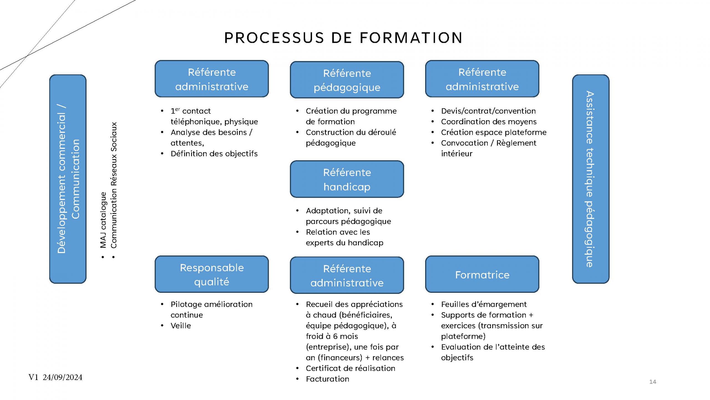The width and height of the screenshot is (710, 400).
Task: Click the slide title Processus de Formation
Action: coord(343,38)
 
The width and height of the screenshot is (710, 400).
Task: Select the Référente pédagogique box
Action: coord(347,80)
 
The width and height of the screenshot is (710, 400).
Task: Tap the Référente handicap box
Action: coord(347,179)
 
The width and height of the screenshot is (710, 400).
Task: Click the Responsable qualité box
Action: coord(212,274)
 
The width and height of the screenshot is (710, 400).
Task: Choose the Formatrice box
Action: coord(482,274)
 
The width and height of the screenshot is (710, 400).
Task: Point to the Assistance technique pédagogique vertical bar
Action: coord(590,179)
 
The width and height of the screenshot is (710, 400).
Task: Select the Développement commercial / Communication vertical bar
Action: coord(68,179)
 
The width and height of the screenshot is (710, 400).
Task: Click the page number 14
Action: coord(653,382)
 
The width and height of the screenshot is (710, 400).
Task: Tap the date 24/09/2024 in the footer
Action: coord(63,377)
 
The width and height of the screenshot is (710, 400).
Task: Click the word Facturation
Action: coord(327,379)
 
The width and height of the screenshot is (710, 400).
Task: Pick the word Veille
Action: coord(181,326)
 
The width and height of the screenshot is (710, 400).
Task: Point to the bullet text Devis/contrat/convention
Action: coord(488,111)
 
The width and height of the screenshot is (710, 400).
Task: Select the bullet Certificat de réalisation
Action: coord(350,368)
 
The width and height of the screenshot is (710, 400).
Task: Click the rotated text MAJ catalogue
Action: coord(103,220)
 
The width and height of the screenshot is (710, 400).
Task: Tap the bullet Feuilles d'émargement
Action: coord(484,304)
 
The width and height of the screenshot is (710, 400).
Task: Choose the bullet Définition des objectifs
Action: coord(214,154)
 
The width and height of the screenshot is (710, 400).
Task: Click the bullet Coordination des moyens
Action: coord(489,122)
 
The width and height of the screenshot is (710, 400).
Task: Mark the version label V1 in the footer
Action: coord(33,377)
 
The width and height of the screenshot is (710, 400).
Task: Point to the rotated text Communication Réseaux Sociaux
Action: coord(114,185)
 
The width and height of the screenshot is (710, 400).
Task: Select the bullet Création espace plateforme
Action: coord(493,132)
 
